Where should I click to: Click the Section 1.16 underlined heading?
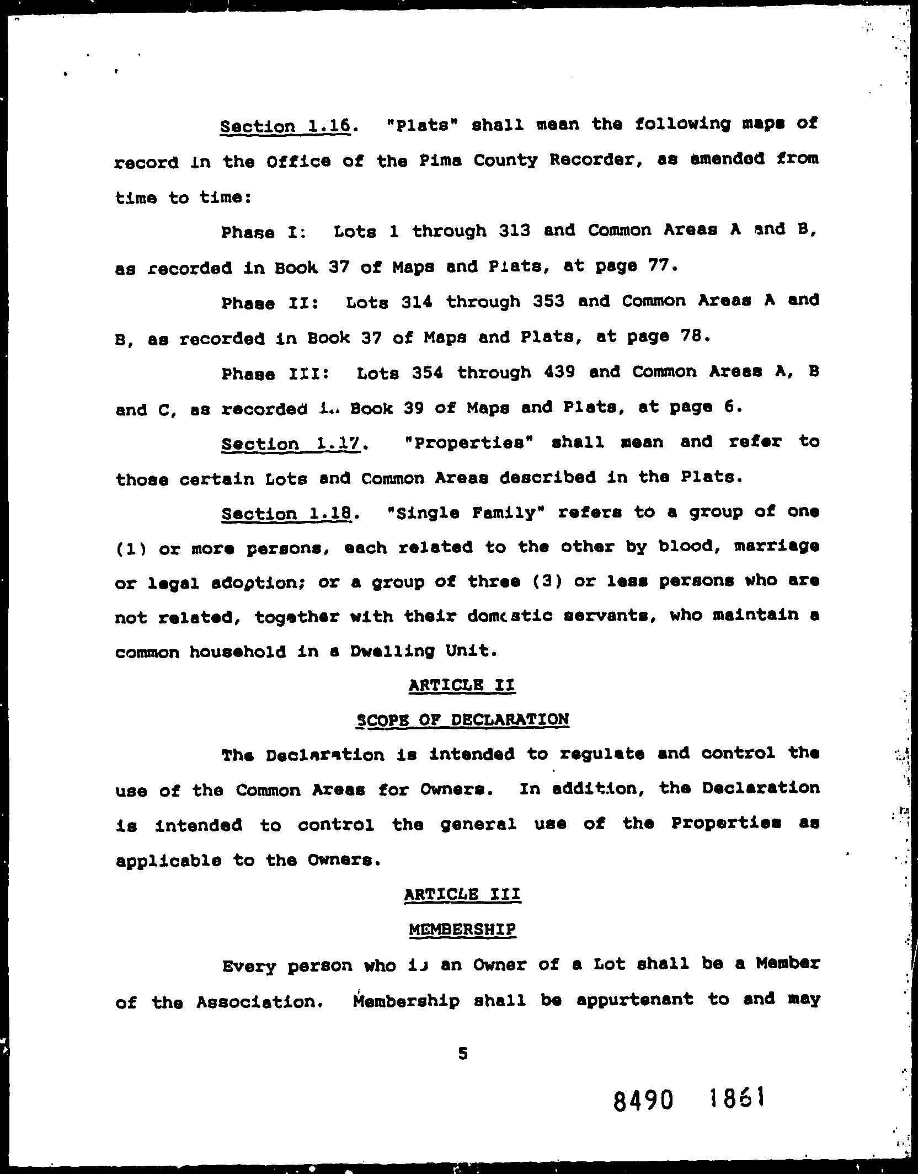tap(285, 126)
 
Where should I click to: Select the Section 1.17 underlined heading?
tap(290, 444)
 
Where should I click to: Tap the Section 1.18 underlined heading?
tap(286, 514)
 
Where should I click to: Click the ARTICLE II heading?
tap(462, 685)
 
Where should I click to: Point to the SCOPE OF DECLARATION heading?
tap(462, 720)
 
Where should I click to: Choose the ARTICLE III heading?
tap(462, 894)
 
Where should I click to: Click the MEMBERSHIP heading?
tap(462, 930)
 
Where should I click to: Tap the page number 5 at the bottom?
tap(463, 1054)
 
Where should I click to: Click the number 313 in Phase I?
tap(514, 230)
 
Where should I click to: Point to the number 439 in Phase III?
tap(559, 371)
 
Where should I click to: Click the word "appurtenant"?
tap(634, 999)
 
